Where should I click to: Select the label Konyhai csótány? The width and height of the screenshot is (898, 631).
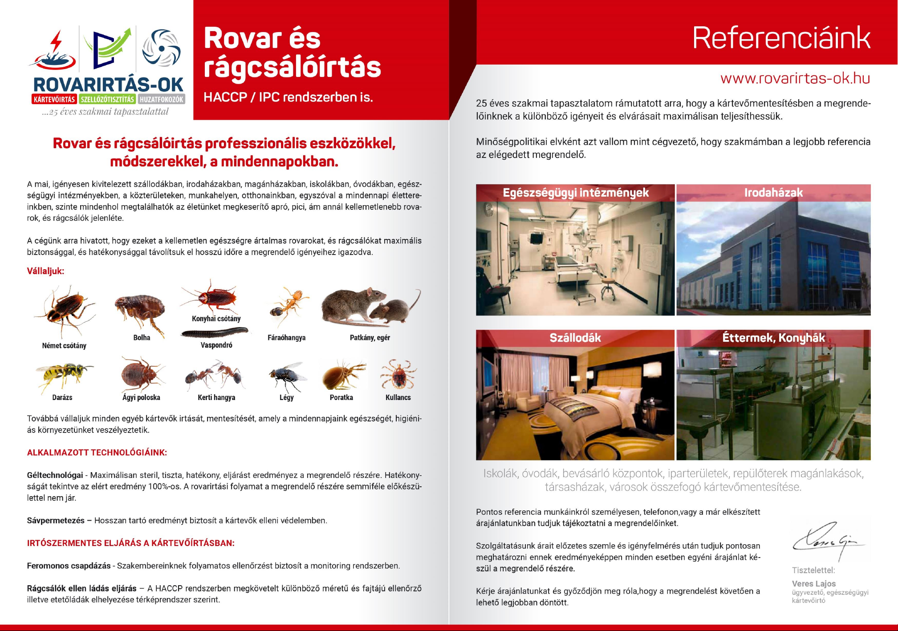coord(216,319)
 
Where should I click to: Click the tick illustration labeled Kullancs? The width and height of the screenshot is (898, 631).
coord(398,375)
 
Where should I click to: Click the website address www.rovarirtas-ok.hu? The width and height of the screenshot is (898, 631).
coord(795,78)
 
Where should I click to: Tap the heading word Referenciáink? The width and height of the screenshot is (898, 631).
coord(781,38)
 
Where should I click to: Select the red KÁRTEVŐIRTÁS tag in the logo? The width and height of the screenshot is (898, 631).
coord(54,99)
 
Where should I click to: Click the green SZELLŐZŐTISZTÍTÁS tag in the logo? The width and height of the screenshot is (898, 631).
coord(107,99)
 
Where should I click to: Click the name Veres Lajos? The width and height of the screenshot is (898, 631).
coord(813,583)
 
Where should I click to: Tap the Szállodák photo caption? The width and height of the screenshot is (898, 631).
coord(575,338)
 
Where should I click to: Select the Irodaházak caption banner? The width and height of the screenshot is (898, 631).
coord(773,193)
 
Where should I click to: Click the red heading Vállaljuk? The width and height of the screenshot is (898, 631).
coord(45,271)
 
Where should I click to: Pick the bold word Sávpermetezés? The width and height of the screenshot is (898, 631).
coord(56,520)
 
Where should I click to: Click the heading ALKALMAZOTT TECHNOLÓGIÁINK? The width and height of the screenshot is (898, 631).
coord(97,453)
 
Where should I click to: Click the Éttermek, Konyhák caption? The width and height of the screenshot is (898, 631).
coord(773,338)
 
